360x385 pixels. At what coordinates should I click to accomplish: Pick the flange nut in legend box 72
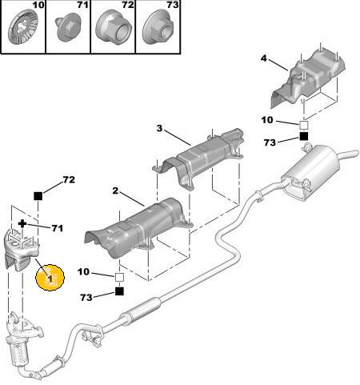114,28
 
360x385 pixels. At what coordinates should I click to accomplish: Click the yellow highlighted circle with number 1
50,278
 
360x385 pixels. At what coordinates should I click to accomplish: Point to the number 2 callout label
115,190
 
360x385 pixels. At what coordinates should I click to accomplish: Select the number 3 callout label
159,128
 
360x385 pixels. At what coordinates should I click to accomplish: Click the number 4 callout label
263,58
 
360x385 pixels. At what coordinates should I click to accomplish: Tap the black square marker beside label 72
38,196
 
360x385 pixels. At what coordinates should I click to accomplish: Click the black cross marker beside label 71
22,223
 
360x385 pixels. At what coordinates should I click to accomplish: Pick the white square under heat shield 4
304,125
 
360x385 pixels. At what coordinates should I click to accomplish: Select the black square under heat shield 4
304,136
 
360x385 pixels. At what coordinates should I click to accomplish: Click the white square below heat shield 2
119,277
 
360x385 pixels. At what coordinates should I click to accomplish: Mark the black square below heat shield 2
119,291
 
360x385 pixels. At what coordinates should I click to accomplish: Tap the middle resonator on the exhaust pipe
140,310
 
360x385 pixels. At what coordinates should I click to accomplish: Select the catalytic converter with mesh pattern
18,352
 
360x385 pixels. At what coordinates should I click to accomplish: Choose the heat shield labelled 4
306,78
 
